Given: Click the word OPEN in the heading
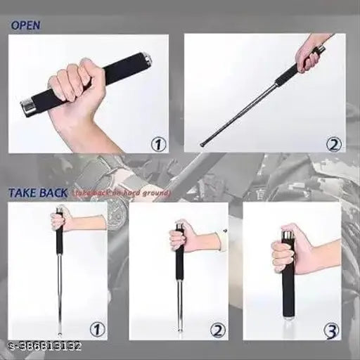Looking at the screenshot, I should pos(25,25).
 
